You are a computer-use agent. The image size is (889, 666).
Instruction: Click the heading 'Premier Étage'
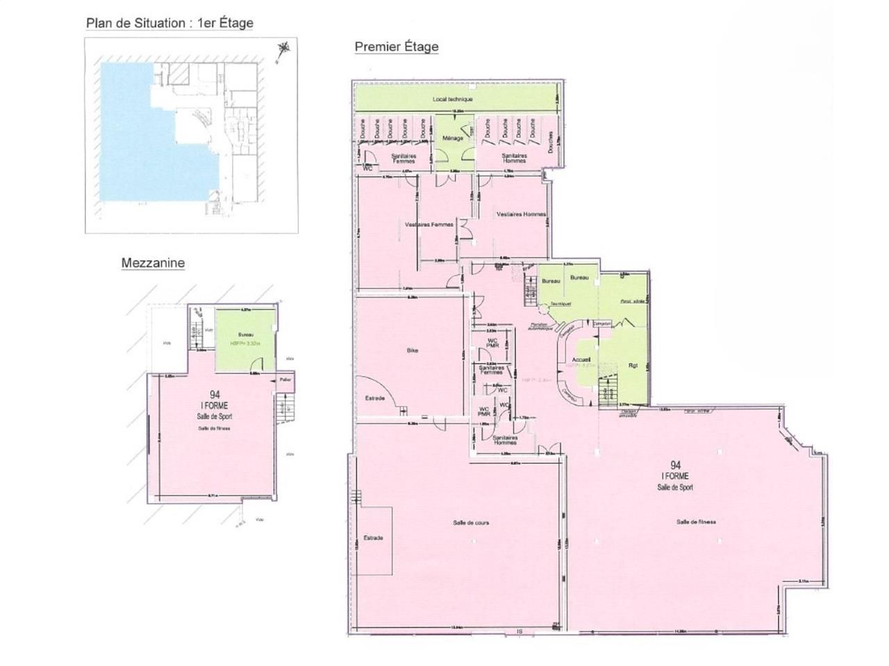click(397, 46)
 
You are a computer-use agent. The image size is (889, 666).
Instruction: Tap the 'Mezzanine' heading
click(153, 263)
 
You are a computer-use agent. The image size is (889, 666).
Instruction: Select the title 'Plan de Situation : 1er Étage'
click(169, 23)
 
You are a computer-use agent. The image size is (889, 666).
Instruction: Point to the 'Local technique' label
click(453, 99)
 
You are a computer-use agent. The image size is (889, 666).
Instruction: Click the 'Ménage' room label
click(452, 138)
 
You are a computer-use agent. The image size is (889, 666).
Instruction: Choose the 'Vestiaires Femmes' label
click(429, 224)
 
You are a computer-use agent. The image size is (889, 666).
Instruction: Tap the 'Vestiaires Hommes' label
click(521, 214)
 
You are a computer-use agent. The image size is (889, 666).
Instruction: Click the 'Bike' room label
click(412, 351)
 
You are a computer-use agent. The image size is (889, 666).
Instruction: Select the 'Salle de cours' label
click(471, 522)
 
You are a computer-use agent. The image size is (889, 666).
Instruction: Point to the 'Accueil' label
click(581, 359)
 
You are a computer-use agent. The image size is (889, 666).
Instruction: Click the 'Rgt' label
click(632, 366)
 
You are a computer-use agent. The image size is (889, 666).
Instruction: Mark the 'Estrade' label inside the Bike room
click(375, 398)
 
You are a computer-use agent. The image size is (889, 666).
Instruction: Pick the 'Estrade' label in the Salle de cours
click(373, 538)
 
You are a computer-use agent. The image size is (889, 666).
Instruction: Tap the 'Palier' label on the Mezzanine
click(285, 379)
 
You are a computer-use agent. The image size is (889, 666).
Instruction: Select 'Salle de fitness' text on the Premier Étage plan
click(697, 522)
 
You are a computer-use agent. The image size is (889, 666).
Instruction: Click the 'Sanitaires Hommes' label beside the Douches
click(515, 158)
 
